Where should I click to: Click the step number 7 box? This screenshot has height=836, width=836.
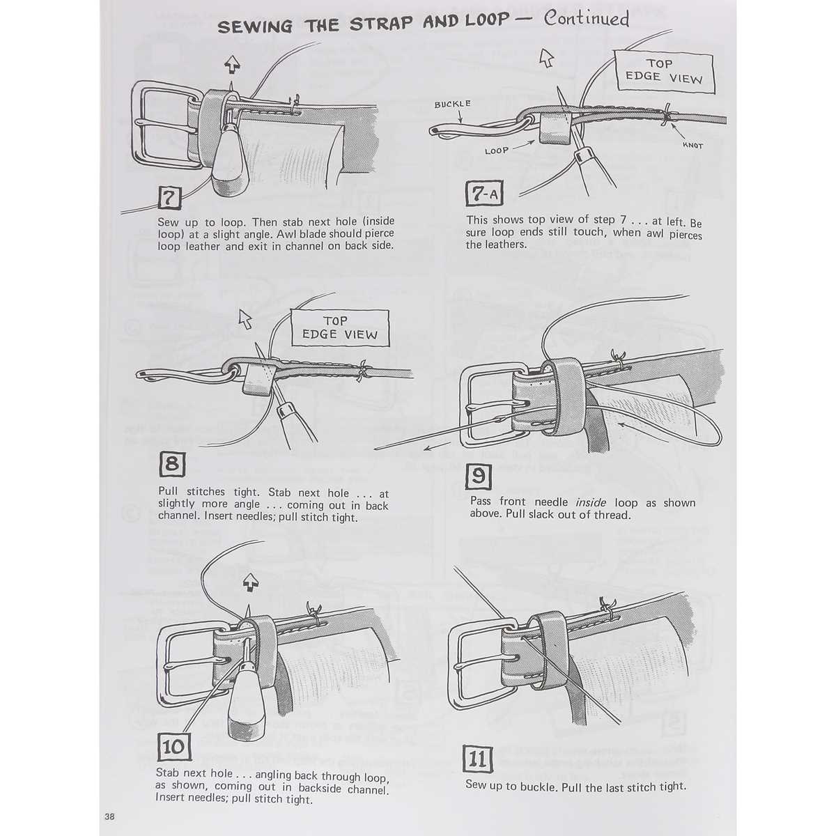169,199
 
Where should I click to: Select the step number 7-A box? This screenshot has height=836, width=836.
483,194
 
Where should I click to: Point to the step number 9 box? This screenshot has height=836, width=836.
479,476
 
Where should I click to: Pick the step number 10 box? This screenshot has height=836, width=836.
173,748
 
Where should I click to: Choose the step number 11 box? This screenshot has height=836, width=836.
478,759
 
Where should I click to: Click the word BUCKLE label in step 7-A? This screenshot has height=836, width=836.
452,104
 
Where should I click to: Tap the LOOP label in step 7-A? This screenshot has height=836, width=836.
497,150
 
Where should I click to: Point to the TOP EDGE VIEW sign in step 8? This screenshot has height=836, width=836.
339,327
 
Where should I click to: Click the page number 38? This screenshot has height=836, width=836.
110,817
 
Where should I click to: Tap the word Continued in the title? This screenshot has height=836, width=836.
586,20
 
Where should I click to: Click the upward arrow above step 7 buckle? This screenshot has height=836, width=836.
232,65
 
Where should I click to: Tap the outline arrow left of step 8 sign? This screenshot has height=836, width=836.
245,319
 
